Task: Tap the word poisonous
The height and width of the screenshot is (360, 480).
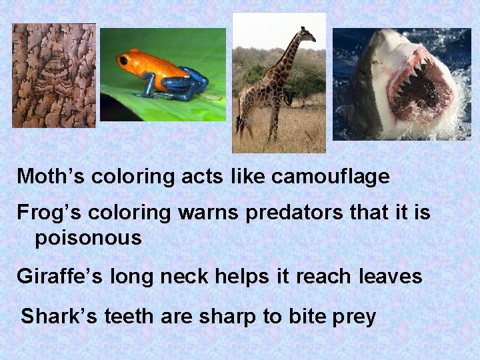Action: point(88,237)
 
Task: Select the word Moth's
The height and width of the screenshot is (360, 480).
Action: point(51,177)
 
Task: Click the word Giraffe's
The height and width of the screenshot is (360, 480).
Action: point(59,276)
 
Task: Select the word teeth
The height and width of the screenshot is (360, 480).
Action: point(129,316)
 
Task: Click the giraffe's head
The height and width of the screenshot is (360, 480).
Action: point(306,33)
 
